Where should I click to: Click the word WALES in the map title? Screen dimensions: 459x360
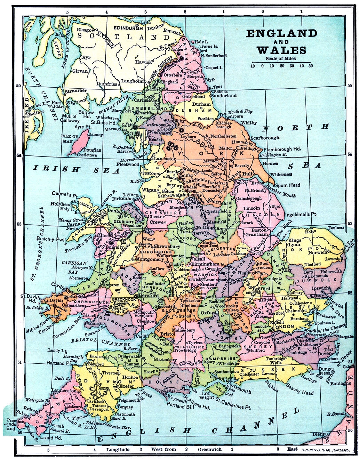[282, 50]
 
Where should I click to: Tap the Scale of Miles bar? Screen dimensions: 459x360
[281, 63]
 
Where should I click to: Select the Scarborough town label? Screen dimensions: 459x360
[265, 137]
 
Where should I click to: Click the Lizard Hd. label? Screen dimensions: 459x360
[51, 438]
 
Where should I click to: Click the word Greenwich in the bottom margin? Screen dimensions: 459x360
[210, 449]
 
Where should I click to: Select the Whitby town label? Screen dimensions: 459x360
[249, 123]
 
